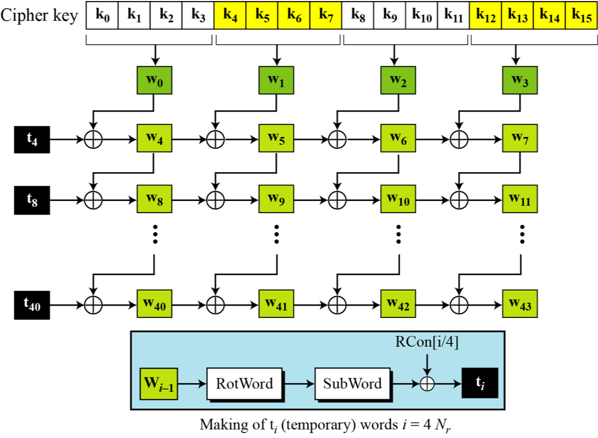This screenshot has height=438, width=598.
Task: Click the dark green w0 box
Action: [x=155, y=81]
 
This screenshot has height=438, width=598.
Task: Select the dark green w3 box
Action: [x=519, y=81]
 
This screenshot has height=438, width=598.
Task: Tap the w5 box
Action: [x=276, y=140]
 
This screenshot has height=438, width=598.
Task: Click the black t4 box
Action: [x=32, y=140]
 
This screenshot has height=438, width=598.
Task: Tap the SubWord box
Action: [x=352, y=383]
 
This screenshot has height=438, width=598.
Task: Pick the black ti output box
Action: [x=479, y=383]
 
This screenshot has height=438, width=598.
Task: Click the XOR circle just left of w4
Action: [x=94, y=140]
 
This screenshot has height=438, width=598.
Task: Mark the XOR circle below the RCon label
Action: [x=426, y=384]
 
